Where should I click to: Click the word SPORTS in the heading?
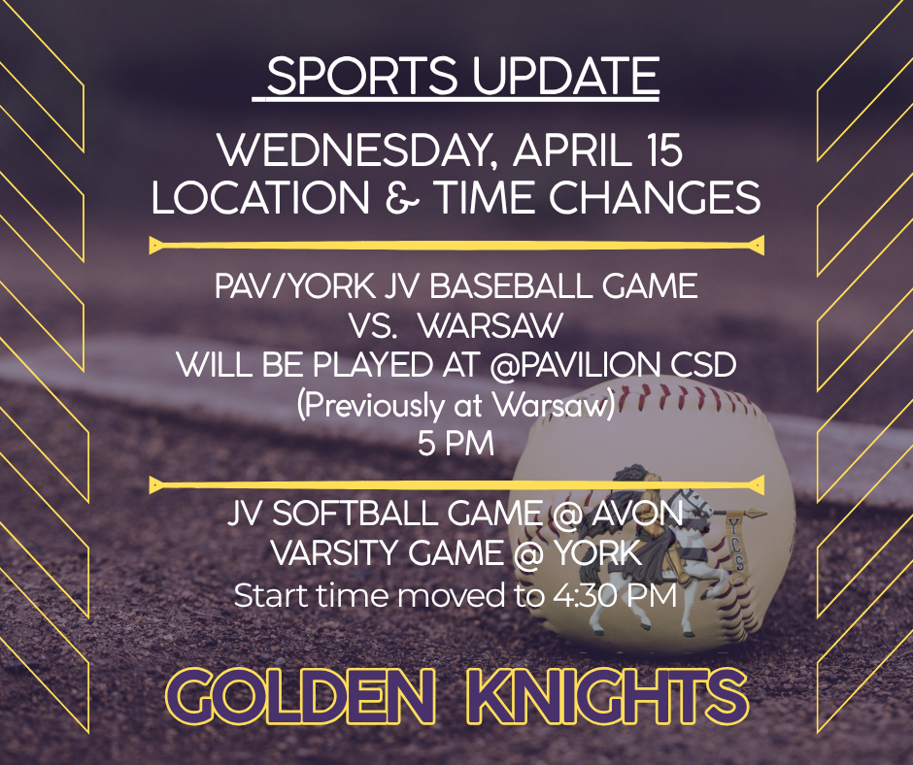coord(362,76)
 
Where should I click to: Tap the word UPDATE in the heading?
coord(565,76)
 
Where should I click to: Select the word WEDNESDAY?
coord(355,150)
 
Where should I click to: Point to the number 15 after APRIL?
coord(662,150)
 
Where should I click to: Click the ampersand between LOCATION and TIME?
coord(402,197)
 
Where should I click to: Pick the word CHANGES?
coord(655,197)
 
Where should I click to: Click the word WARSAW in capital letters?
coord(490,326)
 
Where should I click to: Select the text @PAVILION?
coord(575,365)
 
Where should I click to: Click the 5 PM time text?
coord(456,444)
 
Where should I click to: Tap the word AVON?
coord(637,514)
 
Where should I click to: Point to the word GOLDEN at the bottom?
coord(300,695)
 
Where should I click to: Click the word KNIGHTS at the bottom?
coord(607,695)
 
